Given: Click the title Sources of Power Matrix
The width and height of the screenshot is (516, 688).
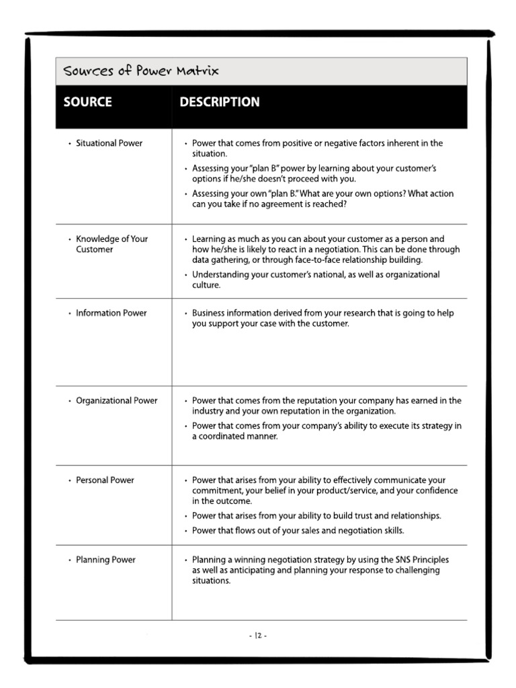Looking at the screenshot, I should click(140, 71).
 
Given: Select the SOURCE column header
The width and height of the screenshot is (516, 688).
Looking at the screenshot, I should click(87, 102).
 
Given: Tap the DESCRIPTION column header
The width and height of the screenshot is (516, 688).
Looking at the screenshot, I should click(219, 102).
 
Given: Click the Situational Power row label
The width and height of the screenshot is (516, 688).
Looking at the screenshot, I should click(109, 143).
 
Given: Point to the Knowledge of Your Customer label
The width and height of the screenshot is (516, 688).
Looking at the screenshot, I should click(112, 244).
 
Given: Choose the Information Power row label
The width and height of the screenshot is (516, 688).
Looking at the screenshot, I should click(111, 313).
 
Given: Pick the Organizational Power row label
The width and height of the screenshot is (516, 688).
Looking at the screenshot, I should click(116, 400).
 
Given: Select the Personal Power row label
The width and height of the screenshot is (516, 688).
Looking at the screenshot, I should click(105, 480).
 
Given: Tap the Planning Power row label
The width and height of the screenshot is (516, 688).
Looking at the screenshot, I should click(105, 560).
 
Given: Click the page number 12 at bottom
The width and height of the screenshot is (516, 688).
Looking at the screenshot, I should click(258, 635).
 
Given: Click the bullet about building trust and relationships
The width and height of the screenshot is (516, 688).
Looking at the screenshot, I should click(316, 516).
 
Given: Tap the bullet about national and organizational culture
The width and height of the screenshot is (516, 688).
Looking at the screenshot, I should click(316, 279).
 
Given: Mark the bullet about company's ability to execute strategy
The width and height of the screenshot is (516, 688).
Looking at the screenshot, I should click(327, 431).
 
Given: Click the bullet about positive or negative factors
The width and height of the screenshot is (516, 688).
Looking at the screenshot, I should click(317, 148).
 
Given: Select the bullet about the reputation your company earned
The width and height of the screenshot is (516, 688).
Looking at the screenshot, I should click(327, 405).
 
